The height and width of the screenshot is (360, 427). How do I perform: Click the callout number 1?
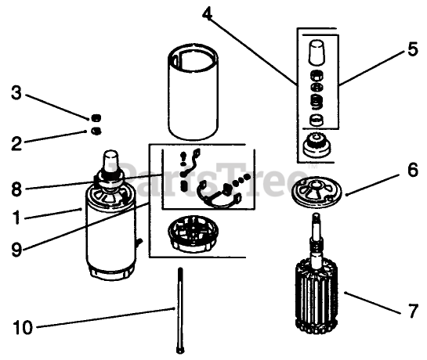pyautogui.click(x=17, y=218)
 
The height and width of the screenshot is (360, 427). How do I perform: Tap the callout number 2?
pyautogui.click(x=16, y=143)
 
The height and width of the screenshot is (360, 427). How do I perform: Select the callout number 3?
pyautogui.click(x=16, y=92)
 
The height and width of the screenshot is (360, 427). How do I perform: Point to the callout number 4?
pyautogui.click(x=207, y=13)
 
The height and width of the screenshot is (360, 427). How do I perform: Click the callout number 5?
pyautogui.click(x=413, y=49)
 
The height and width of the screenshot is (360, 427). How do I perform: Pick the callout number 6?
pyautogui.click(x=413, y=170)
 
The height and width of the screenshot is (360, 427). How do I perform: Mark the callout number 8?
pyautogui.click(x=16, y=189)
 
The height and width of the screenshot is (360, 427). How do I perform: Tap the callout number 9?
pyautogui.click(x=16, y=249)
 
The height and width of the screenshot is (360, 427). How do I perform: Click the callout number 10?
pyautogui.click(x=23, y=327)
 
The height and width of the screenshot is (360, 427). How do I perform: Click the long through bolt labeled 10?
pyautogui.click(x=180, y=311)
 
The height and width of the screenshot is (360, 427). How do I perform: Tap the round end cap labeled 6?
pyautogui.click(x=316, y=193)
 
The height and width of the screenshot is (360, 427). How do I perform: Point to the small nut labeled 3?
pyautogui.click(x=96, y=118)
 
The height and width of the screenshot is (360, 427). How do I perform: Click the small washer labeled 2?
pyautogui.click(x=96, y=131)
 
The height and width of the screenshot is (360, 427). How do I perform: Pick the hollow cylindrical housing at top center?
pyautogui.click(x=193, y=92)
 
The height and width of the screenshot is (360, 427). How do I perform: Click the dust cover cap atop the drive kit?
pyautogui.click(x=317, y=52)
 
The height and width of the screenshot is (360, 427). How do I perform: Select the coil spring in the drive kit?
pyautogui.click(x=317, y=102)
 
